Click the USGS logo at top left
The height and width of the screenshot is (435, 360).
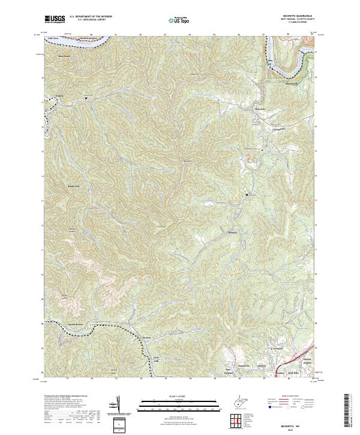coord(55,20)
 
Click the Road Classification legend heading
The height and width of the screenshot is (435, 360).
coord(296,396)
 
